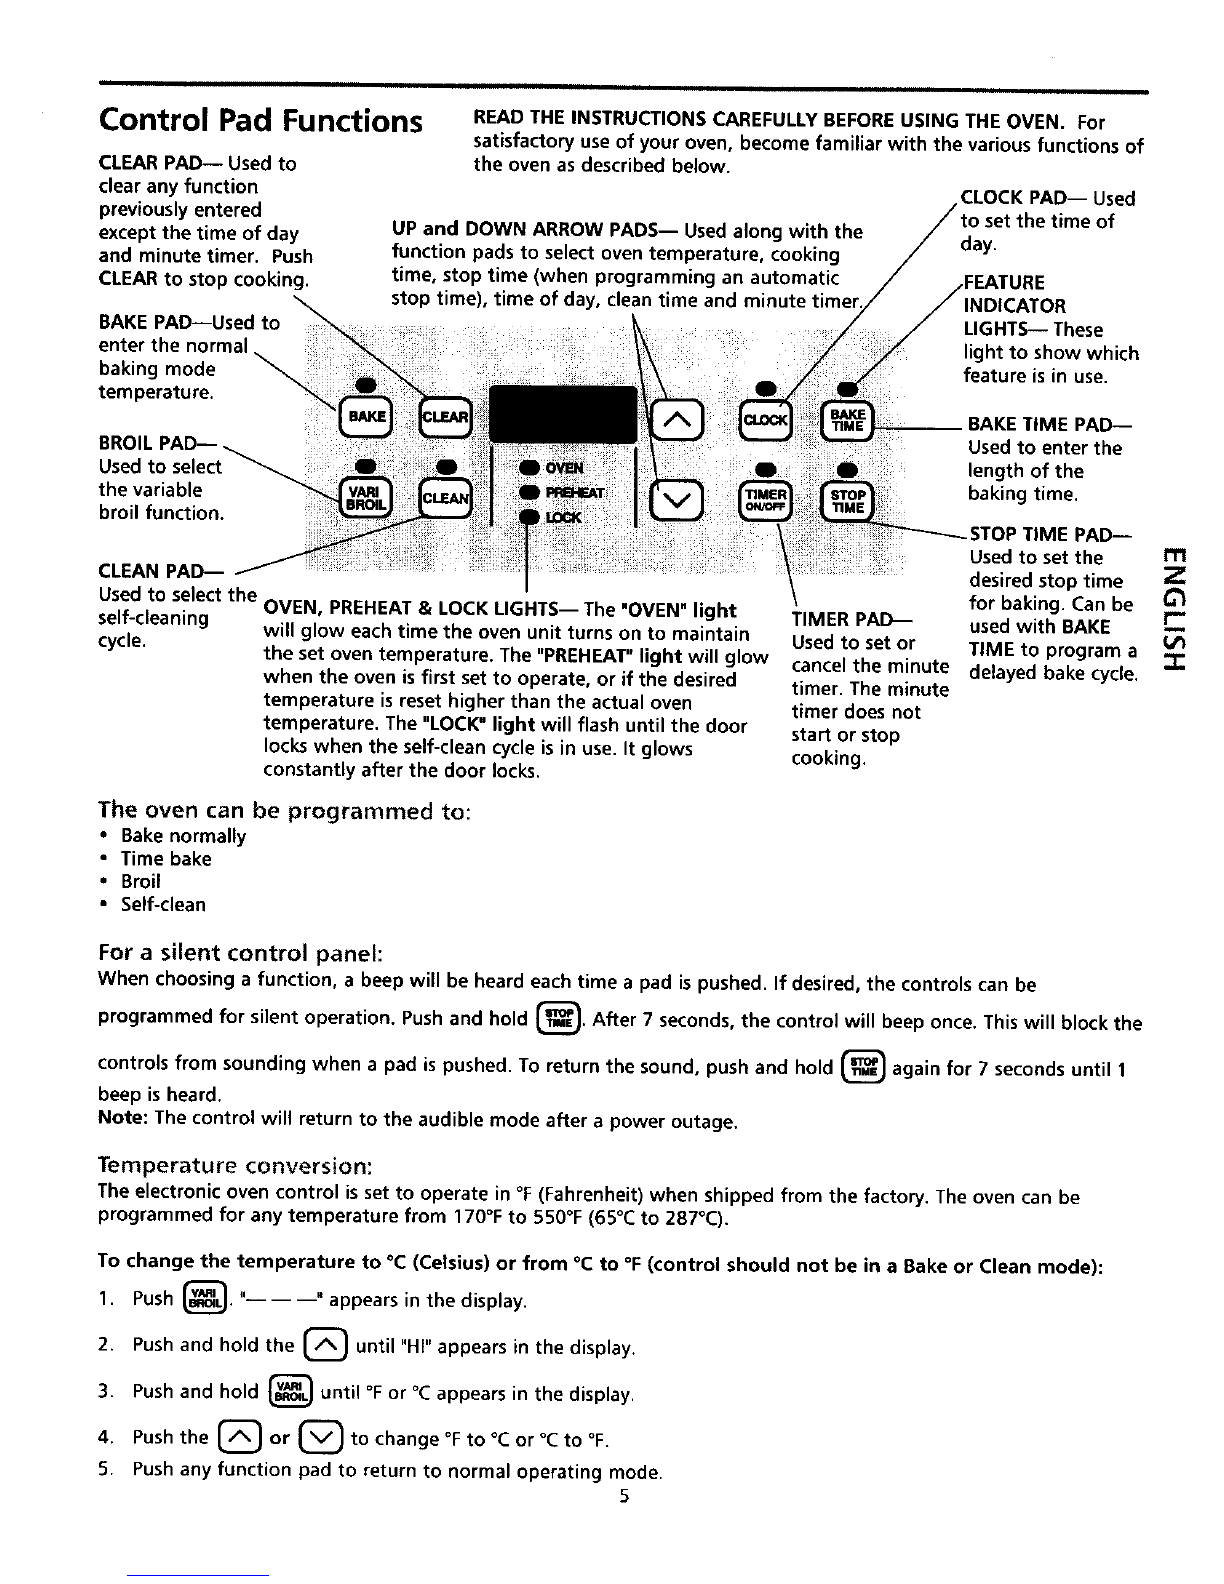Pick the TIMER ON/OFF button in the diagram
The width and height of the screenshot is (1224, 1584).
point(765,498)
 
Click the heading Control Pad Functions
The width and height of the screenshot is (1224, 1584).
point(260,121)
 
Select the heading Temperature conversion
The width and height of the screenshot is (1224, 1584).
point(235,1165)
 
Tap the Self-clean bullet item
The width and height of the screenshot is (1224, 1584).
point(163,905)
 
